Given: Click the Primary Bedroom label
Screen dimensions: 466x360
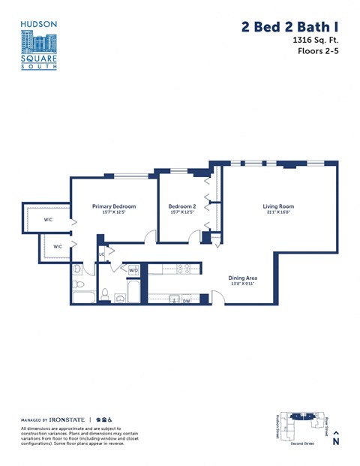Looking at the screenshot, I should tap(113, 206).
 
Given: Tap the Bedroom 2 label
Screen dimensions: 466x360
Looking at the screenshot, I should tap(181, 206).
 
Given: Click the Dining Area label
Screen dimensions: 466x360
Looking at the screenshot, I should tap(243, 278).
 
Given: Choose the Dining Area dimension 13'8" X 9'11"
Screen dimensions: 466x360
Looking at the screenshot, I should tap(243, 284).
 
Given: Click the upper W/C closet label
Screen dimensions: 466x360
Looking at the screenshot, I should tap(48, 220).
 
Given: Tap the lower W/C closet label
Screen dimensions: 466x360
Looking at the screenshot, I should tap(58, 245).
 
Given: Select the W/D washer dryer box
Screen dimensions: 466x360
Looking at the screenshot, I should tap(134, 270).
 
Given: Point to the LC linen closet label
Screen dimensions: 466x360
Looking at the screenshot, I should tap(100, 254).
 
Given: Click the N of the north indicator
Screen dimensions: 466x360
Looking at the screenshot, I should tap(336, 442).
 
